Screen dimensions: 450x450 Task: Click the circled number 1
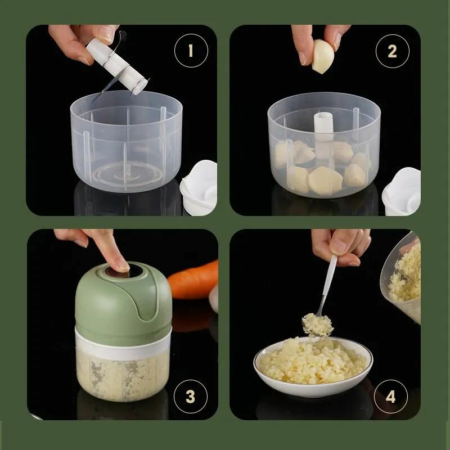point(191,51)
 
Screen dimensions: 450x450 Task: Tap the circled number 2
point(392,51)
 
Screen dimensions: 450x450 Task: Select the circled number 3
point(191,397)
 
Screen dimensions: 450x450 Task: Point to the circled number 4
point(391,397)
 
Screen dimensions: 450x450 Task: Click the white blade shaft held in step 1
point(117,66)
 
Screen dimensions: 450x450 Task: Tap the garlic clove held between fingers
point(323,56)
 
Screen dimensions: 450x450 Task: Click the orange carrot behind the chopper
point(193,280)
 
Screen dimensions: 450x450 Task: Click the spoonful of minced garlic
point(318,325)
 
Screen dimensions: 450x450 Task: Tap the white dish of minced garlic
point(313,367)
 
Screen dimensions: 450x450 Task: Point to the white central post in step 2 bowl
point(323,135)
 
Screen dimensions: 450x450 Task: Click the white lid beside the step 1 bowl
point(199,188)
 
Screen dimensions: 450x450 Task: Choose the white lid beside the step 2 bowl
point(402,191)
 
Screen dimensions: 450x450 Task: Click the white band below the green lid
point(123,344)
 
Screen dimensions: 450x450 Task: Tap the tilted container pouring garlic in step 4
point(402,277)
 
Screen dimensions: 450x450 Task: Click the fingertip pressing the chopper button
point(122,266)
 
